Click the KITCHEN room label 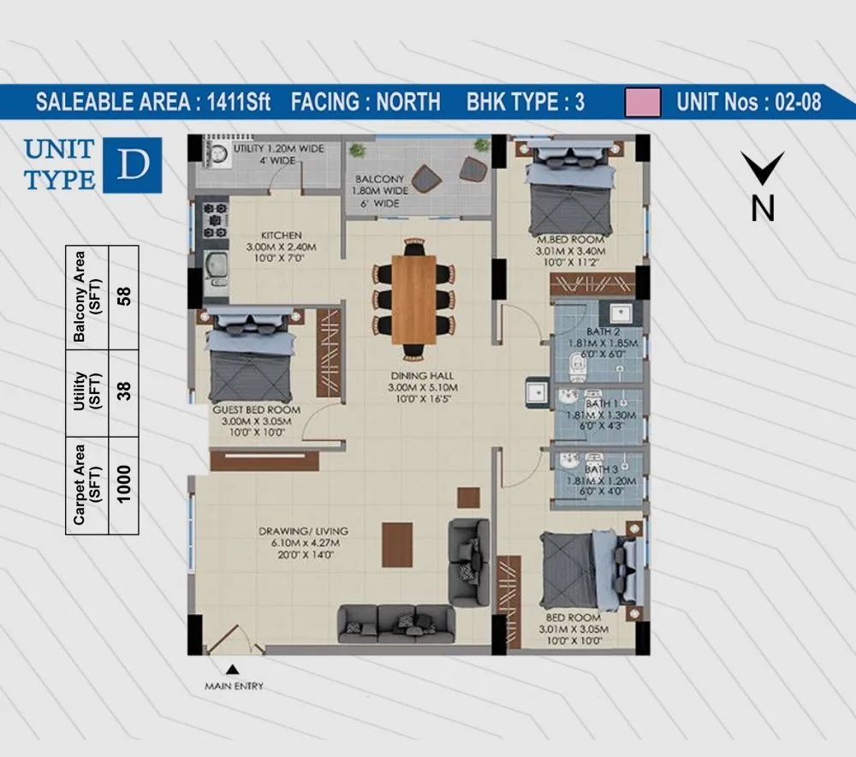click(282, 235)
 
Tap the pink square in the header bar click(643, 102)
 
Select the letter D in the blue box click(132, 164)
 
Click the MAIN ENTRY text click(234, 686)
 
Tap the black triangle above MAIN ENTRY click(232, 670)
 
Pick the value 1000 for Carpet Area click(124, 483)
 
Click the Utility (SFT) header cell click(88, 390)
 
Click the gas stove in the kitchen click(214, 219)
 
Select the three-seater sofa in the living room click(393, 623)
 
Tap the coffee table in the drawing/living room click(397, 545)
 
